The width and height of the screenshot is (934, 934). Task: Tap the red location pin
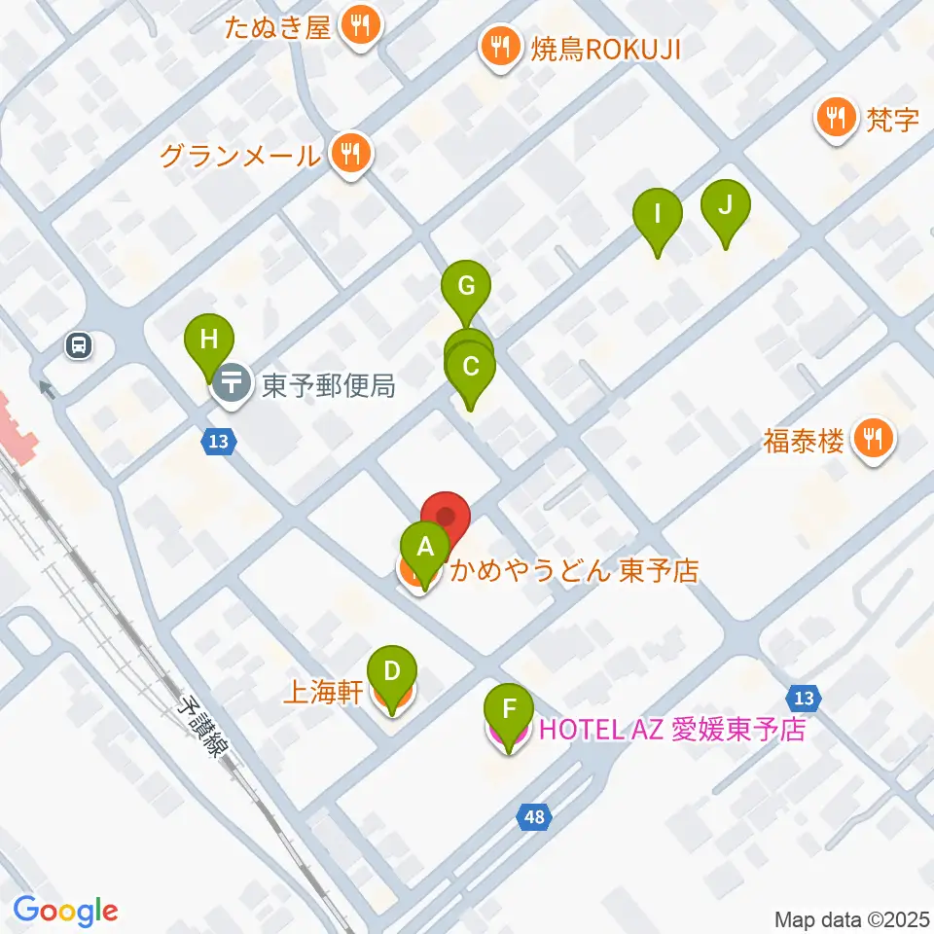point(446,517)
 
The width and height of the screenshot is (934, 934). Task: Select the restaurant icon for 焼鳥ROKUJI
point(500,47)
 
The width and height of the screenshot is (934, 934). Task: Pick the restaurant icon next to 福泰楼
point(873,441)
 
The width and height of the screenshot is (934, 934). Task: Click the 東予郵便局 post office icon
point(233,384)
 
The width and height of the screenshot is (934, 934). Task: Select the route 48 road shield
point(534,817)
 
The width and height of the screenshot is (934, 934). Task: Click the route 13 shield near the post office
point(219,442)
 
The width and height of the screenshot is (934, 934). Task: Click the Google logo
point(65,911)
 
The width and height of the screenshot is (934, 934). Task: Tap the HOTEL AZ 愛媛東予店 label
point(671,730)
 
